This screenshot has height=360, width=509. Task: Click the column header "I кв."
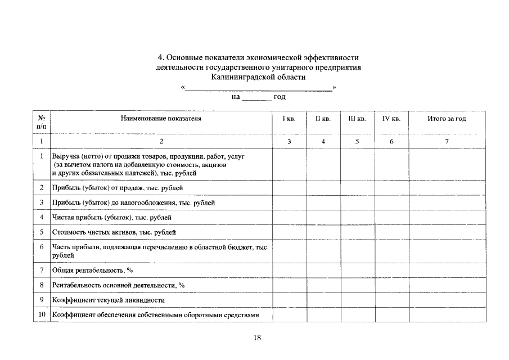click(289, 119)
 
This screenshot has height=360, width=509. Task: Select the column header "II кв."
click(323, 119)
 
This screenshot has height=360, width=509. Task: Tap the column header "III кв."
click(357, 119)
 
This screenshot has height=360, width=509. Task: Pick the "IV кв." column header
click(391, 119)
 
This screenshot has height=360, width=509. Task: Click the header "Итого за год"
click(447, 119)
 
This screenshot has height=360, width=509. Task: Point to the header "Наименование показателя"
click(160, 119)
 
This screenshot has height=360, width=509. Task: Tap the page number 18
click(258, 337)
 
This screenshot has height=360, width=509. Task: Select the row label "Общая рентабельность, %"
click(92, 271)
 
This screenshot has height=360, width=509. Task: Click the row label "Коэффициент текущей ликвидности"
click(109, 300)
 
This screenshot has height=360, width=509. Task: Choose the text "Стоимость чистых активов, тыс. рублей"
click(114, 232)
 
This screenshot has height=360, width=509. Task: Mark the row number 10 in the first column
click(42, 315)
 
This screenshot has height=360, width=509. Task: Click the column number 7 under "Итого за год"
click(447, 142)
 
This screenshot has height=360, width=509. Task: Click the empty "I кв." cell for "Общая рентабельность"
click(289, 271)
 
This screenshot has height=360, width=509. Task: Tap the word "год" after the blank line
click(280, 97)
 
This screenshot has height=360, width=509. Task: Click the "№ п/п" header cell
click(42, 123)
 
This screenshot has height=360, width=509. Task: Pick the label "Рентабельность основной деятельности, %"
click(118, 285)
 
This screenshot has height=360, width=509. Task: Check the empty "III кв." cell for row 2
click(357, 187)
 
